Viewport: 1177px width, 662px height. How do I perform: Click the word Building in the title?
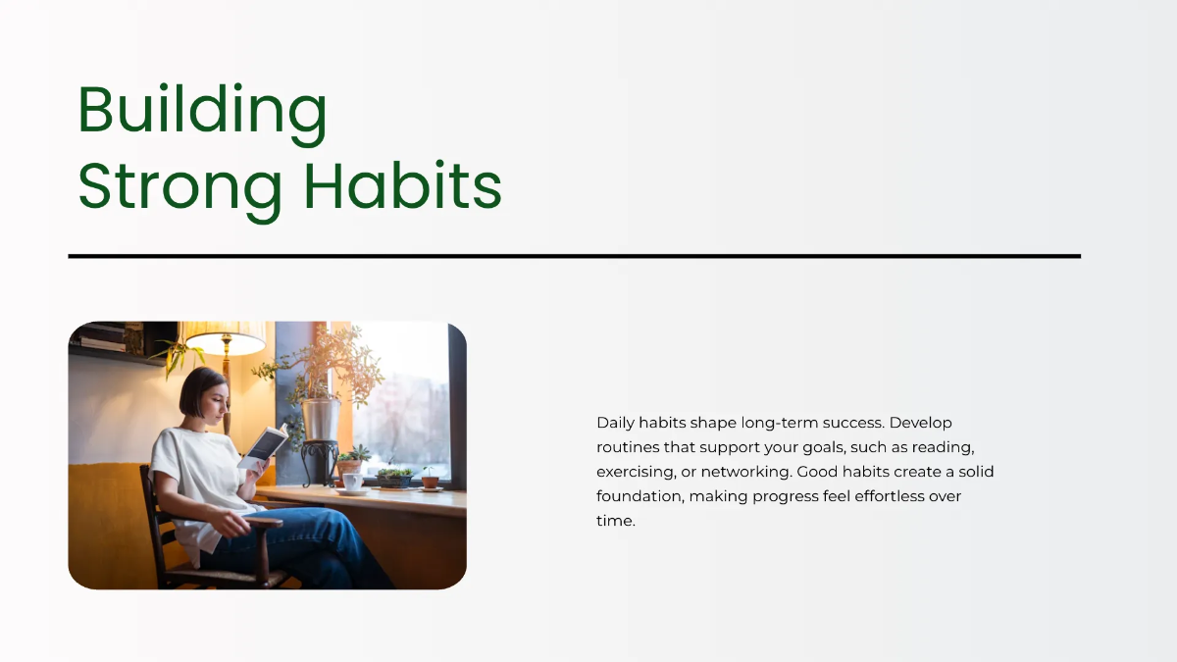click(203, 115)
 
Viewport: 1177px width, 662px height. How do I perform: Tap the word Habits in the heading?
click(403, 185)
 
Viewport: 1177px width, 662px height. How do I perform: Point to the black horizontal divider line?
click(575, 256)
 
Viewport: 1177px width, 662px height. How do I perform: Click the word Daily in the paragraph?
click(615, 424)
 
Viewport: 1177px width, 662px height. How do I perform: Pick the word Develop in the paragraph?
click(921, 424)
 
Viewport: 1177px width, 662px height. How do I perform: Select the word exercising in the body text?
click(636, 473)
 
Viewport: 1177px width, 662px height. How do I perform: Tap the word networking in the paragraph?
click(746, 473)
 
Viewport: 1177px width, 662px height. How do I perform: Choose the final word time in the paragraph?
click(616, 521)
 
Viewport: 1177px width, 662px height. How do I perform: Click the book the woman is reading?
click(263, 446)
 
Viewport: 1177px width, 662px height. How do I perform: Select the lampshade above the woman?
click(225, 337)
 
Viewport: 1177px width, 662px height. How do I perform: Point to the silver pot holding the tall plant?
click(321, 419)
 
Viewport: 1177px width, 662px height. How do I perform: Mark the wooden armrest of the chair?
click(263, 522)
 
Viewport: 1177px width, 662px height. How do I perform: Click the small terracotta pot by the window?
click(430, 482)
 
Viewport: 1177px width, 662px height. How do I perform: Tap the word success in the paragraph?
click(854, 424)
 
